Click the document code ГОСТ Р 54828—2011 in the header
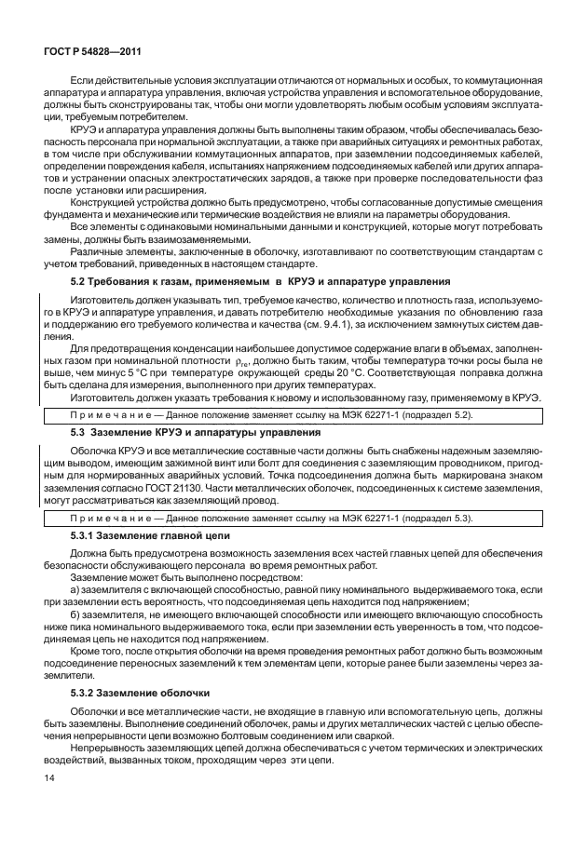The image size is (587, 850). click(89, 53)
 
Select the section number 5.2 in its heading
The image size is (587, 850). click(81, 280)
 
